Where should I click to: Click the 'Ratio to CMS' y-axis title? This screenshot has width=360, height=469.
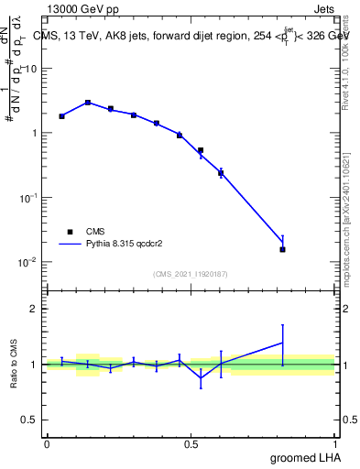pos(16,364)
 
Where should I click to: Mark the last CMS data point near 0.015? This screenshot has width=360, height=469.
pos(283,249)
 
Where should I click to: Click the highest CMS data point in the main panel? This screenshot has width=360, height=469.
pos(88,103)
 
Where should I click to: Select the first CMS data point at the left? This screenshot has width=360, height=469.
pos(61,116)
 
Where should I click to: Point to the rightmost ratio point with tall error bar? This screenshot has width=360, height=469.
pos(283,343)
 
